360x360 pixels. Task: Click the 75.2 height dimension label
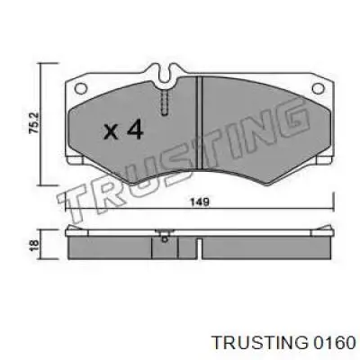(x=33, y=122)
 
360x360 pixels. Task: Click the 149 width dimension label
(x=200, y=202)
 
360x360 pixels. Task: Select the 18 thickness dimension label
(x=35, y=245)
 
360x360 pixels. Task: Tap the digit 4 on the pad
(x=134, y=130)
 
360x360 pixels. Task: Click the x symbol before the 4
(x=111, y=132)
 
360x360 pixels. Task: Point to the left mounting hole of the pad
(x=81, y=88)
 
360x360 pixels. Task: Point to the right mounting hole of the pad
(x=318, y=88)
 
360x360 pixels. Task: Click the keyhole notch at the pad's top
(x=165, y=75)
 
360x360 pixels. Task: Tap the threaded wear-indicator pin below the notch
(x=165, y=103)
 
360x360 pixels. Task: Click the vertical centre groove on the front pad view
(x=199, y=123)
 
